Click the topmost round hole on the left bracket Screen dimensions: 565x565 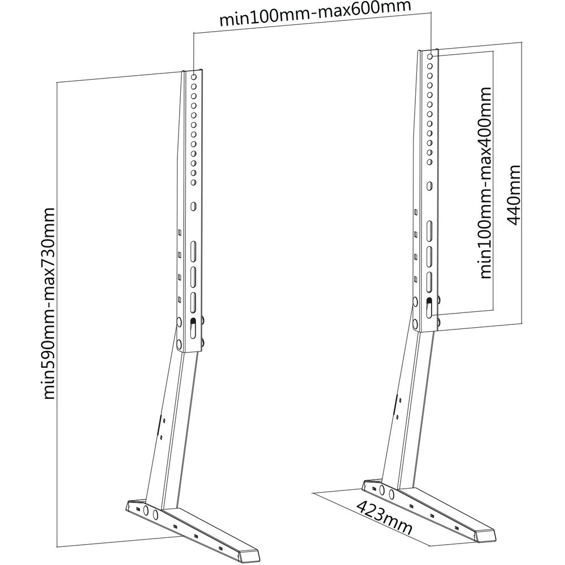point(193,76)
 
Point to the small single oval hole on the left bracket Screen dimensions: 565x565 point(194,207)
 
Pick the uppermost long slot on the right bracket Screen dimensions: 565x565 point(429,231)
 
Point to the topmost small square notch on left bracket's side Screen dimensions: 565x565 point(179,231)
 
